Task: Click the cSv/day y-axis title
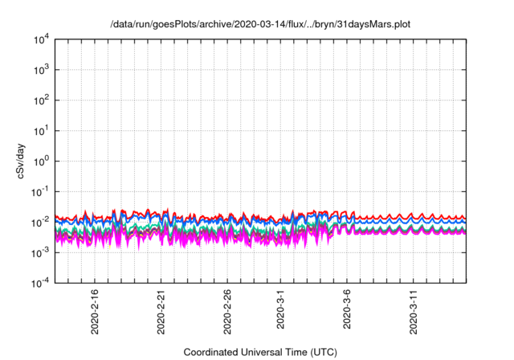point(21,161)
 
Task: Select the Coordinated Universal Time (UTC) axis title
point(260,352)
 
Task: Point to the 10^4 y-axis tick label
point(42,39)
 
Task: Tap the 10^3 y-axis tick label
point(42,70)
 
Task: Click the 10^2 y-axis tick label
point(42,100)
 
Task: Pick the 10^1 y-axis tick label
point(42,130)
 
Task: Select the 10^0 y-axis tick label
point(42,161)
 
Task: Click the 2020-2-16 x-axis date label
point(95,311)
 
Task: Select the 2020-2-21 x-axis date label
point(161,311)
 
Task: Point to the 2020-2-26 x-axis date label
point(228,311)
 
